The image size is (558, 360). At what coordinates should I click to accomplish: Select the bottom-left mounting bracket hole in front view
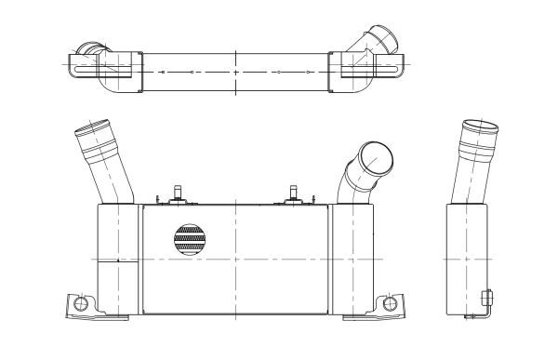(81, 303)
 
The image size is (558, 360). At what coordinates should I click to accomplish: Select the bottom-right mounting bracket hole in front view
(390, 303)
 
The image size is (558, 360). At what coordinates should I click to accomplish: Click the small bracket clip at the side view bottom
(486, 300)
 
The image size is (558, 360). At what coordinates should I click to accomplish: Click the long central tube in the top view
(235, 72)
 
